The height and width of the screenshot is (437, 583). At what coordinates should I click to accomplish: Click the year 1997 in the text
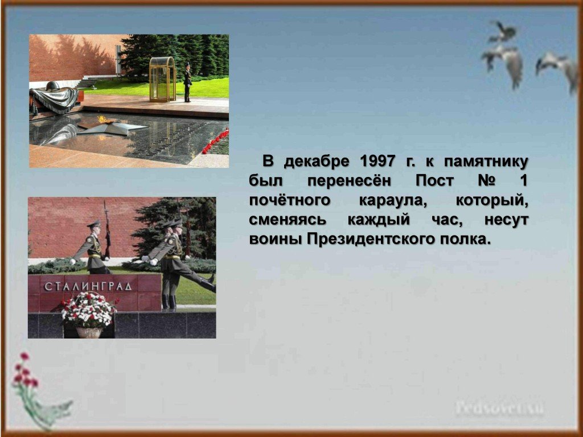[377, 161]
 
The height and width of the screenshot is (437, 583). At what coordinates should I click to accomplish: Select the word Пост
[434, 180]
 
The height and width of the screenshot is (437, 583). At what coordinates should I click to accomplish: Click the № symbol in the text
[486, 180]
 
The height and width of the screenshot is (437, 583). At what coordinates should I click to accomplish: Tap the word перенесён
[349, 180]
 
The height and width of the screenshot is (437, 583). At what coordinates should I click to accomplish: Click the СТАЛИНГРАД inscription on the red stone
[88, 286]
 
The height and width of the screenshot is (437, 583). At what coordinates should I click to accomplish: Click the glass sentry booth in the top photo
[162, 80]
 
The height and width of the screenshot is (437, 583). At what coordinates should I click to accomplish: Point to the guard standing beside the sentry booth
[187, 83]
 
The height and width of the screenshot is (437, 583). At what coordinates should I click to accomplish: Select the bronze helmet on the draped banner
[53, 86]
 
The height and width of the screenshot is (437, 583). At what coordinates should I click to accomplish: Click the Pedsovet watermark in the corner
[500, 408]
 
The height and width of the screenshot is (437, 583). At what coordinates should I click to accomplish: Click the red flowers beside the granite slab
[215, 141]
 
